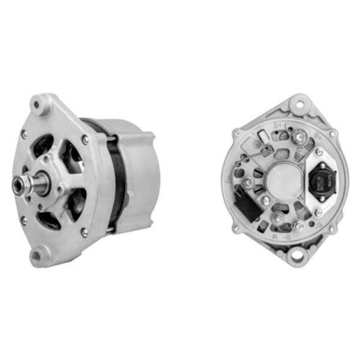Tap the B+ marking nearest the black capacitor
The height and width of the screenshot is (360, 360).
point(318,138)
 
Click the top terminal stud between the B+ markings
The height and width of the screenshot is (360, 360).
point(300,135)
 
